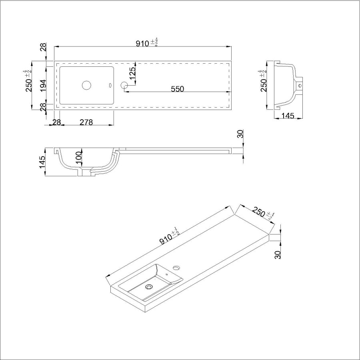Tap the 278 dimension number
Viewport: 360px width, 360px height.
pos(86,123)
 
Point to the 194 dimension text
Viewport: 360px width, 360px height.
pos(44,85)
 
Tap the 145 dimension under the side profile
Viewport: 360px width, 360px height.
pos(288,116)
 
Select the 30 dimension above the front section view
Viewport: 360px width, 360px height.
pos(240,134)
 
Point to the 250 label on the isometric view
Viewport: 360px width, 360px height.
pos(260,212)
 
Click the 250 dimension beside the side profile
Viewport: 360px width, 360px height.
pos(264,83)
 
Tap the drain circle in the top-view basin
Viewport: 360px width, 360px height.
pos(87,85)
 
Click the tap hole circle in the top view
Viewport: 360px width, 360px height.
pos(124,85)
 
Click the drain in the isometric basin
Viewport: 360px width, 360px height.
pos(150,286)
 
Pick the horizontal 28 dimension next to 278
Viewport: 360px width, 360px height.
pos(56,123)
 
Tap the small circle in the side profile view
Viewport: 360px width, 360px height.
pos(300,85)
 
